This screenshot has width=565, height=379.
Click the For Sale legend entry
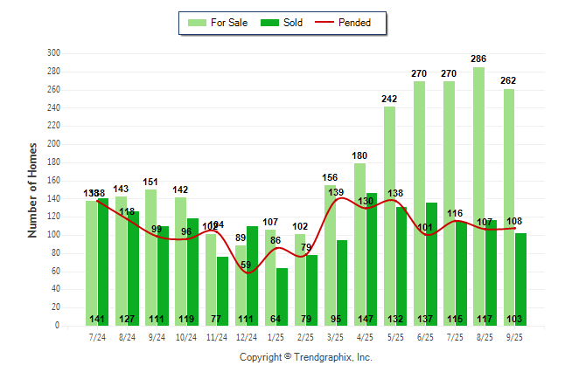pyautogui.click(x=220, y=23)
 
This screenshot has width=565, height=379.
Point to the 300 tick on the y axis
pyautogui.click(x=53, y=53)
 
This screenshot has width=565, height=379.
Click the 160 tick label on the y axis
pyautogui.click(x=53, y=180)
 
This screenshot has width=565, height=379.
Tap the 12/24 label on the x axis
pyautogui.click(x=246, y=337)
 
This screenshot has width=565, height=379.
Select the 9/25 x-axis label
pyautogui.click(x=514, y=337)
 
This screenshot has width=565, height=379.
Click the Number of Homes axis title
pyautogui.click(x=33, y=189)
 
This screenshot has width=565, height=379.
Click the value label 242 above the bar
pyautogui.click(x=389, y=100)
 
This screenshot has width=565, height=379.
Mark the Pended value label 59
pyautogui.click(x=246, y=265)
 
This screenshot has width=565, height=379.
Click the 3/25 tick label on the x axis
pyautogui.click(x=335, y=337)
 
